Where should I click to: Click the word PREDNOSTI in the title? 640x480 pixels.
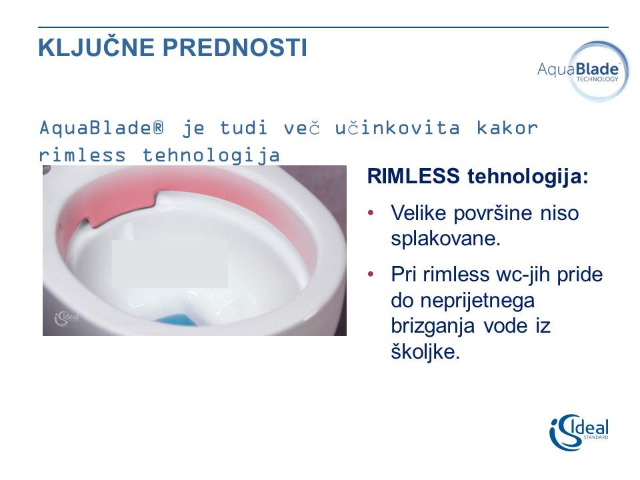pyautogui.click(x=235, y=47)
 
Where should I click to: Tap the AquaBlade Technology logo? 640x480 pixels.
pyautogui.click(x=584, y=71)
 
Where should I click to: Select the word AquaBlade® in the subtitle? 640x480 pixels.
pyautogui.click(x=101, y=128)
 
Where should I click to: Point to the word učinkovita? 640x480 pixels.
pyautogui.click(x=397, y=128)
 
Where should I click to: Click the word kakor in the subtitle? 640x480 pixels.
pyautogui.click(x=507, y=128)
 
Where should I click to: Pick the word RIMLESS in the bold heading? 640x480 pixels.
pyautogui.click(x=413, y=176)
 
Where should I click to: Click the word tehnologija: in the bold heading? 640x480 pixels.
pyautogui.click(x=528, y=177)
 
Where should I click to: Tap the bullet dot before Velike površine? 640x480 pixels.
pyautogui.click(x=371, y=213)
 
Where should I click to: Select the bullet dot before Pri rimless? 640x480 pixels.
pyautogui.click(x=371, y=274)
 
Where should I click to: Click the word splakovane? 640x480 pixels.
pyautogui.click(x=445, y=239)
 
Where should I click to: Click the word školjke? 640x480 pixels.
pyautogui.click(x=425, y=351)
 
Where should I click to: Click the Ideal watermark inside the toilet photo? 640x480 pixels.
pyautogui.click(x=67, y=318)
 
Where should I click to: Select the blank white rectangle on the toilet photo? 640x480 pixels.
pyautogui.click(x=170, y=264)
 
